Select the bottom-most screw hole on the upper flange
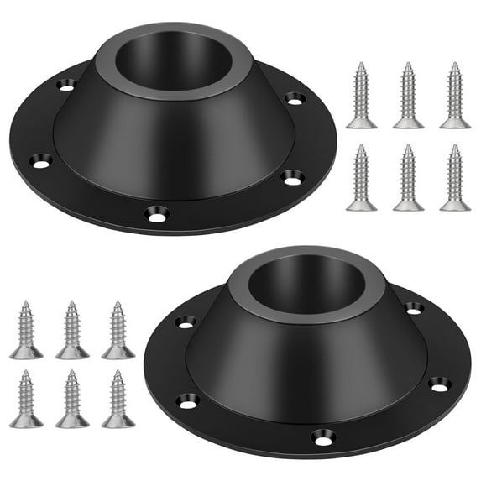coord(156,215)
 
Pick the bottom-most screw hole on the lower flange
coord(322,437)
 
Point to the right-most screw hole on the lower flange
coord(439,384)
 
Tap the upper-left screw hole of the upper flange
coord(67,83)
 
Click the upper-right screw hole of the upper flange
coord(295,98)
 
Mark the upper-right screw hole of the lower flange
coord(413,308)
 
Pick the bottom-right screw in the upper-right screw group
coord(455,177)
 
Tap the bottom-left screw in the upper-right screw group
coord(361,177)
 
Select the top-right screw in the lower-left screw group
coord(118,329)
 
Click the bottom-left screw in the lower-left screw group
coord(26,398)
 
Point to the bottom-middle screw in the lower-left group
coord(72,398)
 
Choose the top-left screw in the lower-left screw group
coord(26,329)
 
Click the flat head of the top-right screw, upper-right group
coord(455,123)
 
